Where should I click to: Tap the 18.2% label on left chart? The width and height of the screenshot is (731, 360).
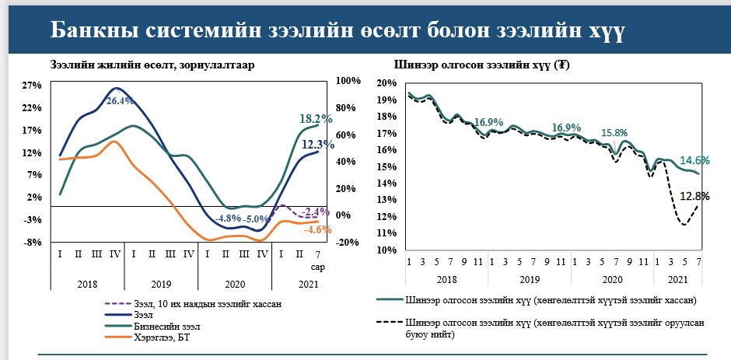coord(316,119)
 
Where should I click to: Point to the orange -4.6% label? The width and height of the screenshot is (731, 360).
coord(317,229)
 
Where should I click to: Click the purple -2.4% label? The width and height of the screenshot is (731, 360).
coord(316,211)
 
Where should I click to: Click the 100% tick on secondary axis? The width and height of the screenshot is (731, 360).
coord(347,81)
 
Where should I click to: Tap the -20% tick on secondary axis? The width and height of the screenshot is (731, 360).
coord(347,243)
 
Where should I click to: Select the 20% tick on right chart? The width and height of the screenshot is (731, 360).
coord(388,82)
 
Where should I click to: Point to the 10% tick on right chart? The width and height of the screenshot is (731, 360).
coord(388,250)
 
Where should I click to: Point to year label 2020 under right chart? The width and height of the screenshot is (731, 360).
coord(612,278)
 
